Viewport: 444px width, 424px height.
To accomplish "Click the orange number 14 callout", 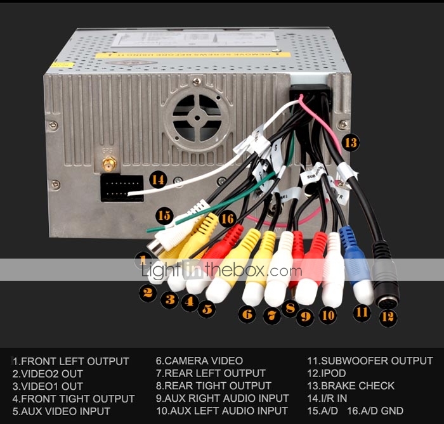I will coord(159,180).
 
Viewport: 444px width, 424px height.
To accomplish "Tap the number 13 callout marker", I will coord(350,143).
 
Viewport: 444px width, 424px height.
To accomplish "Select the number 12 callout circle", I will coord(388,318).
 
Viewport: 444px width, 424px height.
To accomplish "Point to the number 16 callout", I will coord(227,218).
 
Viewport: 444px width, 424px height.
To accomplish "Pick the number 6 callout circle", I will coord(247,314).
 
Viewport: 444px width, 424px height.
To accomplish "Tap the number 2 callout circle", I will coord(148,293).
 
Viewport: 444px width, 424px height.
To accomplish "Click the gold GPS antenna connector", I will coord(110,166).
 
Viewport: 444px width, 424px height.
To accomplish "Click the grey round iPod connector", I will coord(385,279).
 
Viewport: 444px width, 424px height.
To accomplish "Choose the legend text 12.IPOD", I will coord(323,373).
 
